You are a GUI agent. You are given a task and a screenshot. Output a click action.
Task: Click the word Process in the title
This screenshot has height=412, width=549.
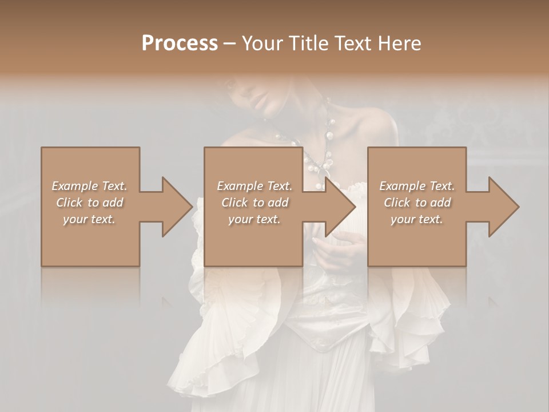pos(180,43)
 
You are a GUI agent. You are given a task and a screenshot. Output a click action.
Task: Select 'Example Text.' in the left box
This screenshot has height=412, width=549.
pos(89,186)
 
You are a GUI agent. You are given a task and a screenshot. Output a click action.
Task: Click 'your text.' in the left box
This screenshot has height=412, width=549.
pos(89,220)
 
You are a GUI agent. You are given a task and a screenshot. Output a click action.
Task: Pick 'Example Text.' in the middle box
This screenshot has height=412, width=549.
pos(254,186)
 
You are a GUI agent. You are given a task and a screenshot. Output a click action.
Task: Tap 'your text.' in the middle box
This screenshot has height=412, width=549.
pos(254,220)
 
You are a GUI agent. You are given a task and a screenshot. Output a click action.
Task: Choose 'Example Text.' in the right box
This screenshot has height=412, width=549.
pos(417,186)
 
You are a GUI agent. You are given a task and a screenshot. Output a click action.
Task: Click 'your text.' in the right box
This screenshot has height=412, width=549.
pos(417,220)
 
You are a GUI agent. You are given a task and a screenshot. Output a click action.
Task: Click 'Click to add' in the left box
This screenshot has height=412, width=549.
pos(89,203)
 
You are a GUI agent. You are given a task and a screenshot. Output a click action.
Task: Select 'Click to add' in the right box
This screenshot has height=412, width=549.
pos(417,203)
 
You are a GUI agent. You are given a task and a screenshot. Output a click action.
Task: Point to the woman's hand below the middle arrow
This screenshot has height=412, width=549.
pos(337,252)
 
